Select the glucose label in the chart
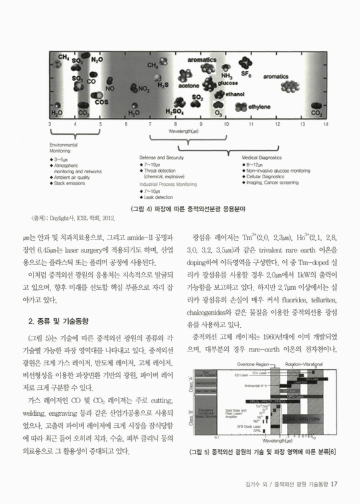click(x=226, y=83)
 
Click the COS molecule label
click(x=83, y=101)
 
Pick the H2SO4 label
click(x=174, y=111)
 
